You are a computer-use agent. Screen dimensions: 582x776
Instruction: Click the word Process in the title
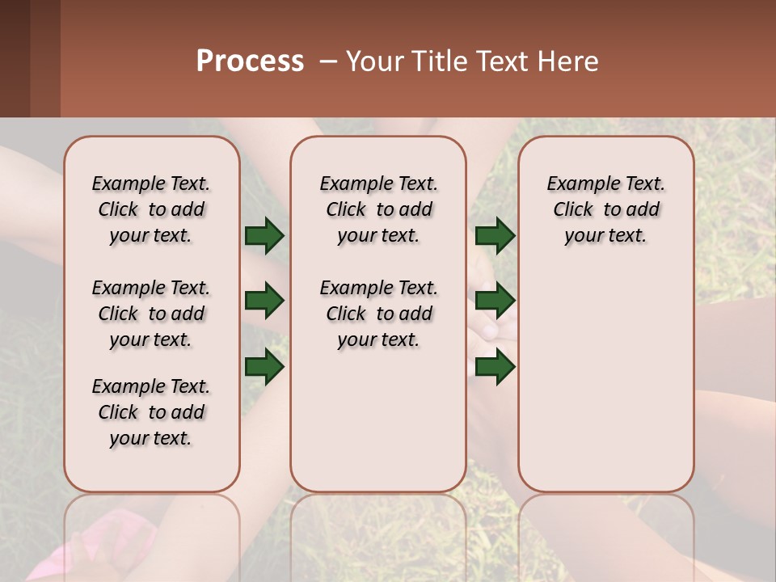(250, 61)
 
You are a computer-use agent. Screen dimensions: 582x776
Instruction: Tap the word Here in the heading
(569, 61)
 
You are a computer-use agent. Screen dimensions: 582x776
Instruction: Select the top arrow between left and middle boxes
(264, 236)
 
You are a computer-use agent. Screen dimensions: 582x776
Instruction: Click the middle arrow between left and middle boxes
(264, 302)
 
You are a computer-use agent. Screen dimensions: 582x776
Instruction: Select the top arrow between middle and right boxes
(496, 236)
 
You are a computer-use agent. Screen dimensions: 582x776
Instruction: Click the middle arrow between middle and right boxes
(496, 302)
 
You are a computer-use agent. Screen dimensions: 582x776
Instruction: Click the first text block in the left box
(151, 209)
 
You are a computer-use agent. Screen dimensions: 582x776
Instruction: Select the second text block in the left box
(151, 314)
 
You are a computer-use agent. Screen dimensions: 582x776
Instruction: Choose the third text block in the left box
(151, 412)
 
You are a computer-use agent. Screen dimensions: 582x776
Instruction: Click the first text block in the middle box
(378, 209)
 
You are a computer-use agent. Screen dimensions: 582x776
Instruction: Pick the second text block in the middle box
(378, 314)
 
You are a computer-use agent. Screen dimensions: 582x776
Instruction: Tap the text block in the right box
(605, 209)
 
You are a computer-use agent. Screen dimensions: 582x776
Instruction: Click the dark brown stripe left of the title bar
(15, 58)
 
